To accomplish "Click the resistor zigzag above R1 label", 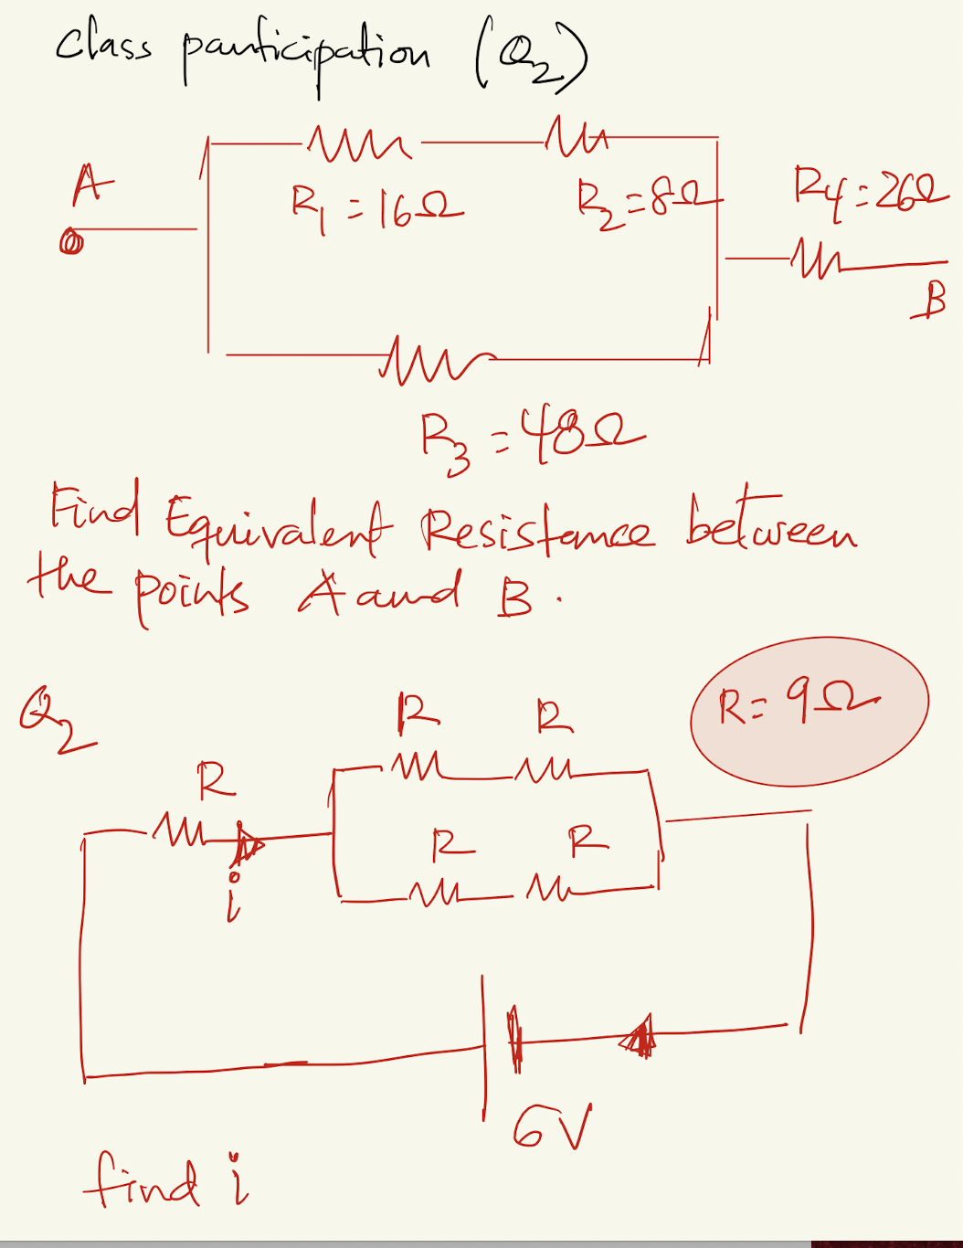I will (x=360, y=143).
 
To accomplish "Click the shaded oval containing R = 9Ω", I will (x=809, y=710).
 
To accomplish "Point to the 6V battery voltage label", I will (x=552, y=1127).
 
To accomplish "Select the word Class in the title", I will (x=103, y=45).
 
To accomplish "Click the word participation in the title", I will (x=306, y=57).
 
